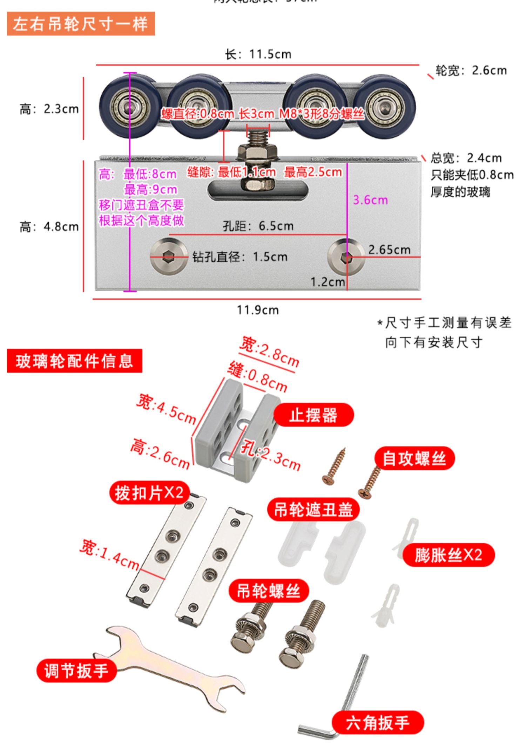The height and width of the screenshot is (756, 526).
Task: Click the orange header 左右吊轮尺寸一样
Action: click(x=81, y=24)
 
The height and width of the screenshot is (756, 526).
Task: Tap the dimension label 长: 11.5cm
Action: click(x=258, y=54)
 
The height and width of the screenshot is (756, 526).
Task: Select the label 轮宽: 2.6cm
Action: click(x=471, y=70)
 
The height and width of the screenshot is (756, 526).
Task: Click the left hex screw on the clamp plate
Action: click(x=169, y=257)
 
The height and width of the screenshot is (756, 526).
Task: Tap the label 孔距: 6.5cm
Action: click(x=258, y=226)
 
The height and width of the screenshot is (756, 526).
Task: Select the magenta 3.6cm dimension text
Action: click(x=370, y=200)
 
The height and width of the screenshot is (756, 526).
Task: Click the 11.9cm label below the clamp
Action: click(x=258, y=310)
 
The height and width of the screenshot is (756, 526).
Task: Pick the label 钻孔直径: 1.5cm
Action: click(x=240, y=257)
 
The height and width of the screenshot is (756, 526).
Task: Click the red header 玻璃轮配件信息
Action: click(x=74, y=361)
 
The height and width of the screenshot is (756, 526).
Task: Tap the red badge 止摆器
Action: click(x=313, y=415)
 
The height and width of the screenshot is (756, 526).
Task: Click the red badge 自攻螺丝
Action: click(x=414, y=458)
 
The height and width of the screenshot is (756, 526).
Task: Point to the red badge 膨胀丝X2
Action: click(x=448, y=555)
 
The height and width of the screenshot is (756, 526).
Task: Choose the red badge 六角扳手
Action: click(x=378, y=723)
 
